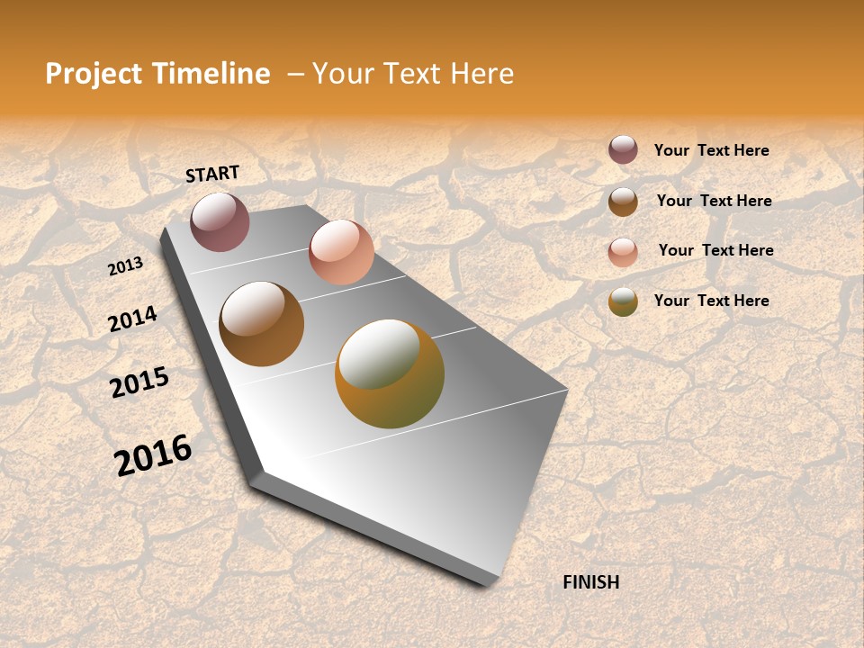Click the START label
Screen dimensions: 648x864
(212, 174)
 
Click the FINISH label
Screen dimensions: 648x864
(590, 582)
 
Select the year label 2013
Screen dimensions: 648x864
(126, 265)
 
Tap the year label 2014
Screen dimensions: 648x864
(133, 319)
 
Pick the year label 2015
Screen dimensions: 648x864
(139, 382)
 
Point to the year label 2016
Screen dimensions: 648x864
(153, 454)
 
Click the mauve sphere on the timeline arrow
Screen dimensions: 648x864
(220, 221)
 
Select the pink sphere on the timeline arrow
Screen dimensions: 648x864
(341, 252)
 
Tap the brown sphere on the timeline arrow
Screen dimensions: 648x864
(261, 324)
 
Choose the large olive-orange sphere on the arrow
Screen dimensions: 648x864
(390, 373)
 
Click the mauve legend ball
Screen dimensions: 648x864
(623, 149)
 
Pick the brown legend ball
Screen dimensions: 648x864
(623, 202)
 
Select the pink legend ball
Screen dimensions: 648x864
(623, 252)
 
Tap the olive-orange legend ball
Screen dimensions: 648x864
(623, 302)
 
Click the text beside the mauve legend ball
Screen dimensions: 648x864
(711, 150)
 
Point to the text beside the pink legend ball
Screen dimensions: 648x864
(715, 250)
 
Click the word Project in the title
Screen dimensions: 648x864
(94, 74)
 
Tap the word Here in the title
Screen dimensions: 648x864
(482, 74)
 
